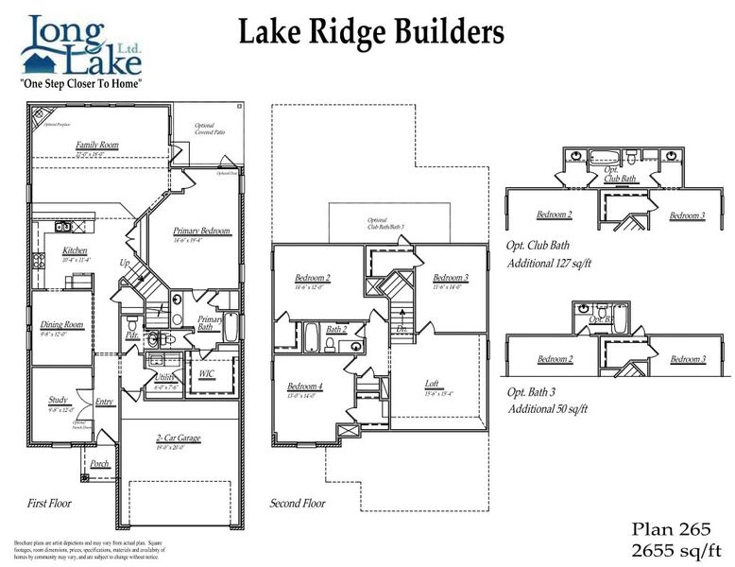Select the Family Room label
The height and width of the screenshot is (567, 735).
(x=97, y=145)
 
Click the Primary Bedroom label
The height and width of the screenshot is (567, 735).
(x=201, y=231)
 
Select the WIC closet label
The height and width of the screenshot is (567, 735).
(x=206, y=373)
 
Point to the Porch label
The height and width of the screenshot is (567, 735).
(x=99, y=463)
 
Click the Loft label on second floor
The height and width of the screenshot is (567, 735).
(x=431, y=384)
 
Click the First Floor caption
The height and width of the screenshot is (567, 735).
(x=48, y=503)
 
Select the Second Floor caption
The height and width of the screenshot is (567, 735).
(x=298, y=503)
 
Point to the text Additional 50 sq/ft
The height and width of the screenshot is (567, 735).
(x=548, y=408)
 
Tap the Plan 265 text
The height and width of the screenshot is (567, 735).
(x=664, y=529)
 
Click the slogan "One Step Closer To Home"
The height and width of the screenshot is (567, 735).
(x=81, y=83)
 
